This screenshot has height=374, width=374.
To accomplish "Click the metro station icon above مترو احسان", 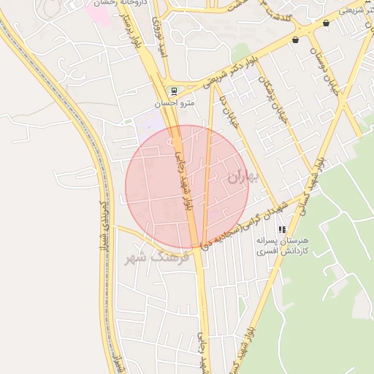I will [173, 91].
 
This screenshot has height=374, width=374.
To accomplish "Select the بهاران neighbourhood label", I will [243, 176].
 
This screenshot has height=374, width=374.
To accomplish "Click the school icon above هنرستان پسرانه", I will [282, 229].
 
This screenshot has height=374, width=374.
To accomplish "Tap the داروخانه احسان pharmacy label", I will [126, 3].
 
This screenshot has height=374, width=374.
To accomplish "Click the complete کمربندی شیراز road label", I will [107, 219].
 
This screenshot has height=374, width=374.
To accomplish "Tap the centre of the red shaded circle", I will [187, 186].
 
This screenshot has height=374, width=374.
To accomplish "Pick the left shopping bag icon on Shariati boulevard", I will [295, 40].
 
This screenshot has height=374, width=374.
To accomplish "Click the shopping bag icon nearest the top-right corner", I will [326, 23].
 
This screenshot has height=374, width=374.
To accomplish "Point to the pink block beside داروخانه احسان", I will [100, 14].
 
